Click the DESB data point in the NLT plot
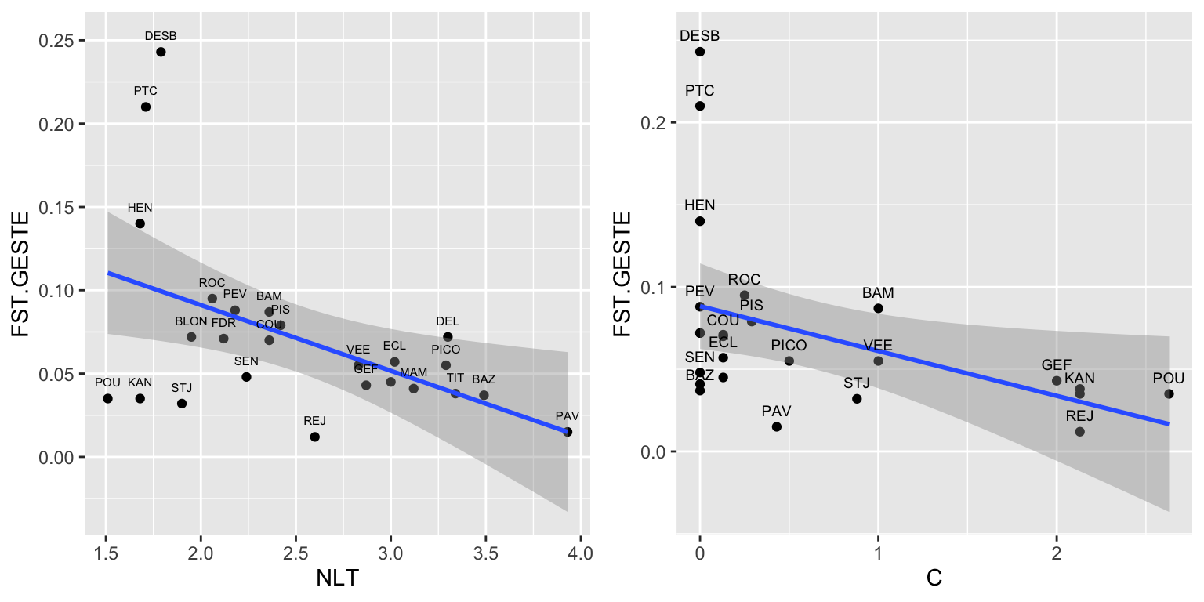[x=161, y=52]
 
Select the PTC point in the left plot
[x=146, y=107]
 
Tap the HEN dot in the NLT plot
[x=140, y=223]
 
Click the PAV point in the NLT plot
[x=568, y=432]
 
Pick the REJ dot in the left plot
[x=314, y=437]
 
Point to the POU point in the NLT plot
[x=107, y=398]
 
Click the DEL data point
[x=448, y=337]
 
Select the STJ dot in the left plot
[x=182, y=404]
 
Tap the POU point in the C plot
[x=1169, y=393]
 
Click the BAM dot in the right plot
[x=878, y=308]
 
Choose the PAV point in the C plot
[x=777, y=426]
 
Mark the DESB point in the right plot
[x=700, y=52]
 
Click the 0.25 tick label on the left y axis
[x=57, y=41]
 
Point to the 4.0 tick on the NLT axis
[x=580, y=552]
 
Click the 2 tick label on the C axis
[x=1056, y=552]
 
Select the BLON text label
[x=191, y=321]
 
